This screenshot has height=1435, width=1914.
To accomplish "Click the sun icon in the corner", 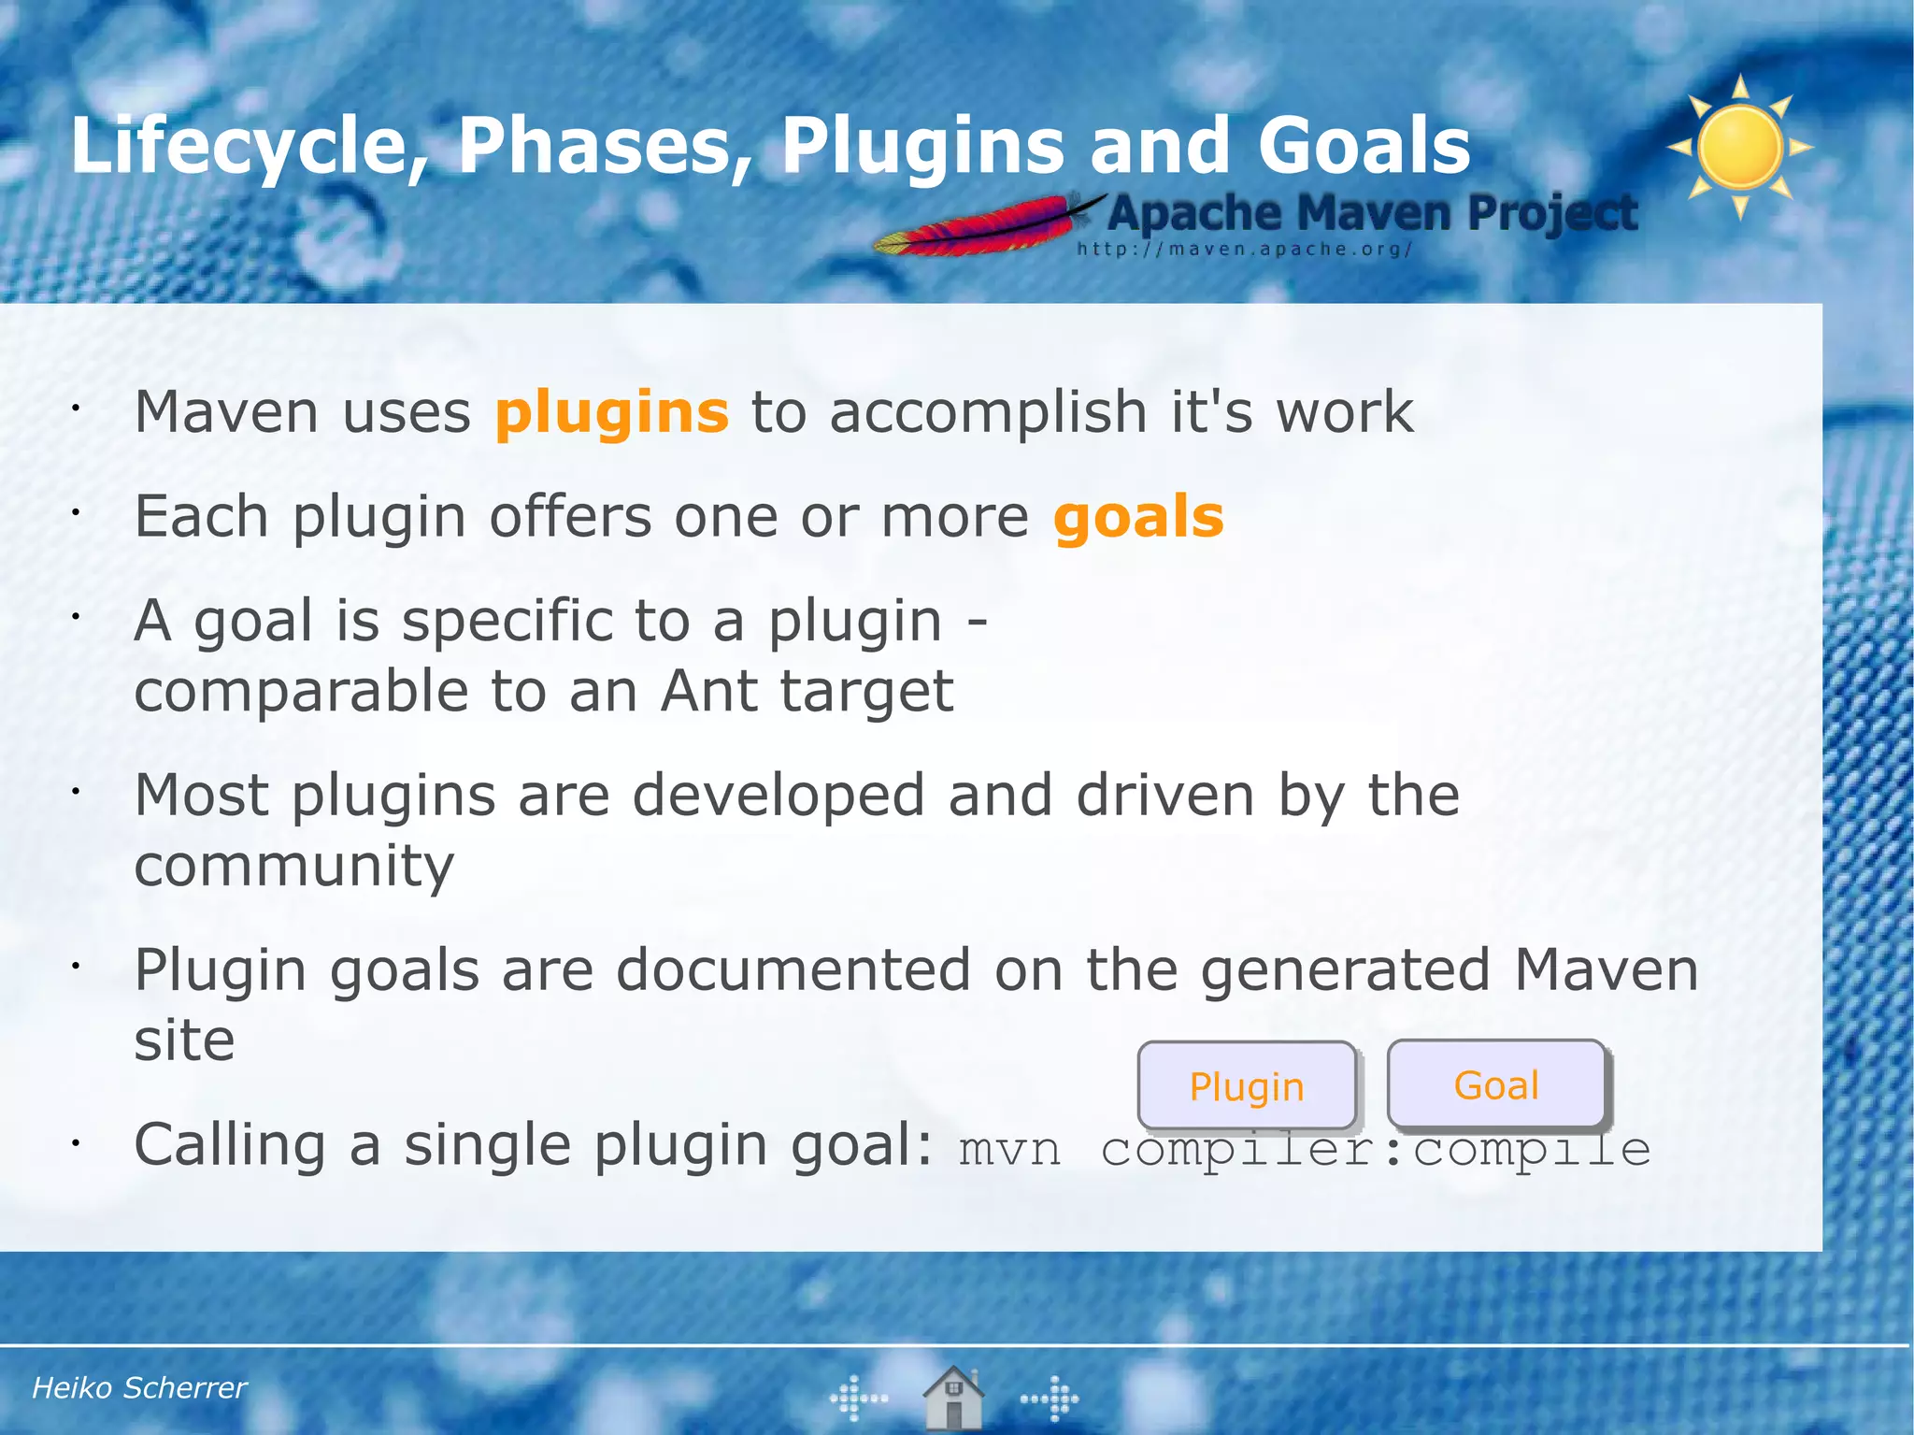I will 1739,147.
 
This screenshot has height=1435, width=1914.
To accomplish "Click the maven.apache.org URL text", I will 1244,250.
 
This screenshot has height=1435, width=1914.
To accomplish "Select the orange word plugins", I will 611,412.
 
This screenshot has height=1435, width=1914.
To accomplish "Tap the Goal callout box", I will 1496,1084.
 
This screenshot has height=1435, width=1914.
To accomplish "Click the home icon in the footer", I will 953,1398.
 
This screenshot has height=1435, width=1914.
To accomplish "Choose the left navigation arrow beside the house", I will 858,1399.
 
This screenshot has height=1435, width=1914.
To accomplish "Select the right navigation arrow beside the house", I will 1050,1399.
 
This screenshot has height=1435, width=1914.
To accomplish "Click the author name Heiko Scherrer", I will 139,1388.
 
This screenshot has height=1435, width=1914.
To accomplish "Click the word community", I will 293,866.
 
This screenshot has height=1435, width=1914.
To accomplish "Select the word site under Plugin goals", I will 184,1040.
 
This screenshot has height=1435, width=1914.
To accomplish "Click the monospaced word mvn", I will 1009,1150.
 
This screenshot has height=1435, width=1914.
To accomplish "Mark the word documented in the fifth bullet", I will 793,969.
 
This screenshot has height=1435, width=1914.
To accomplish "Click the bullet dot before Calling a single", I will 77,1142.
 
